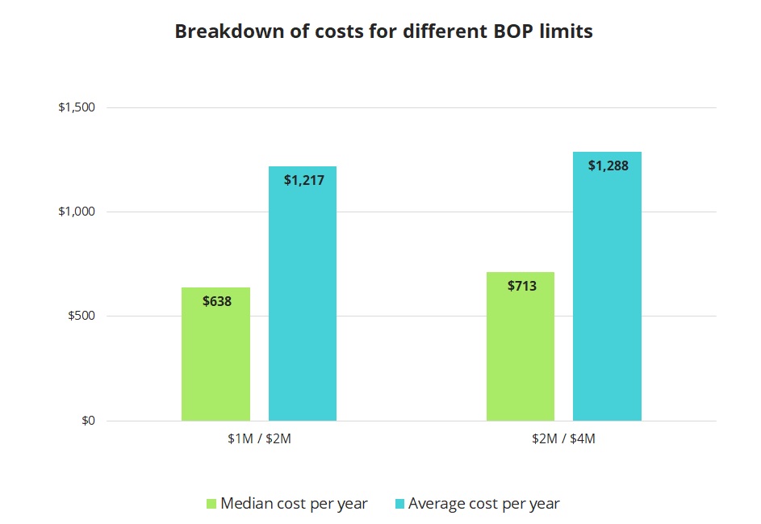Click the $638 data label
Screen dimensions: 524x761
click(217, 301)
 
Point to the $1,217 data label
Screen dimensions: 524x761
click(303, 180)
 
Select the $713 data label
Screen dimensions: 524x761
click(521, 286)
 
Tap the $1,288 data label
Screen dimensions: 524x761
click(608, 166)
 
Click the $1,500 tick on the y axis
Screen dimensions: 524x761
click(77, 107)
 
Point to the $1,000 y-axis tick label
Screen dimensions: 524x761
click(77, 212)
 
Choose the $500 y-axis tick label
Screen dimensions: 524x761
click(82, 316)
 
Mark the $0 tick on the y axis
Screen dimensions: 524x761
click(87, 421)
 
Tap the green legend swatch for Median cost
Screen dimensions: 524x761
click(211, 504)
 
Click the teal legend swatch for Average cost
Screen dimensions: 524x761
click(399, 504)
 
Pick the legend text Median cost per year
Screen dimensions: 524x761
click(294, 504)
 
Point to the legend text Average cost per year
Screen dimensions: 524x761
click(483, 504)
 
